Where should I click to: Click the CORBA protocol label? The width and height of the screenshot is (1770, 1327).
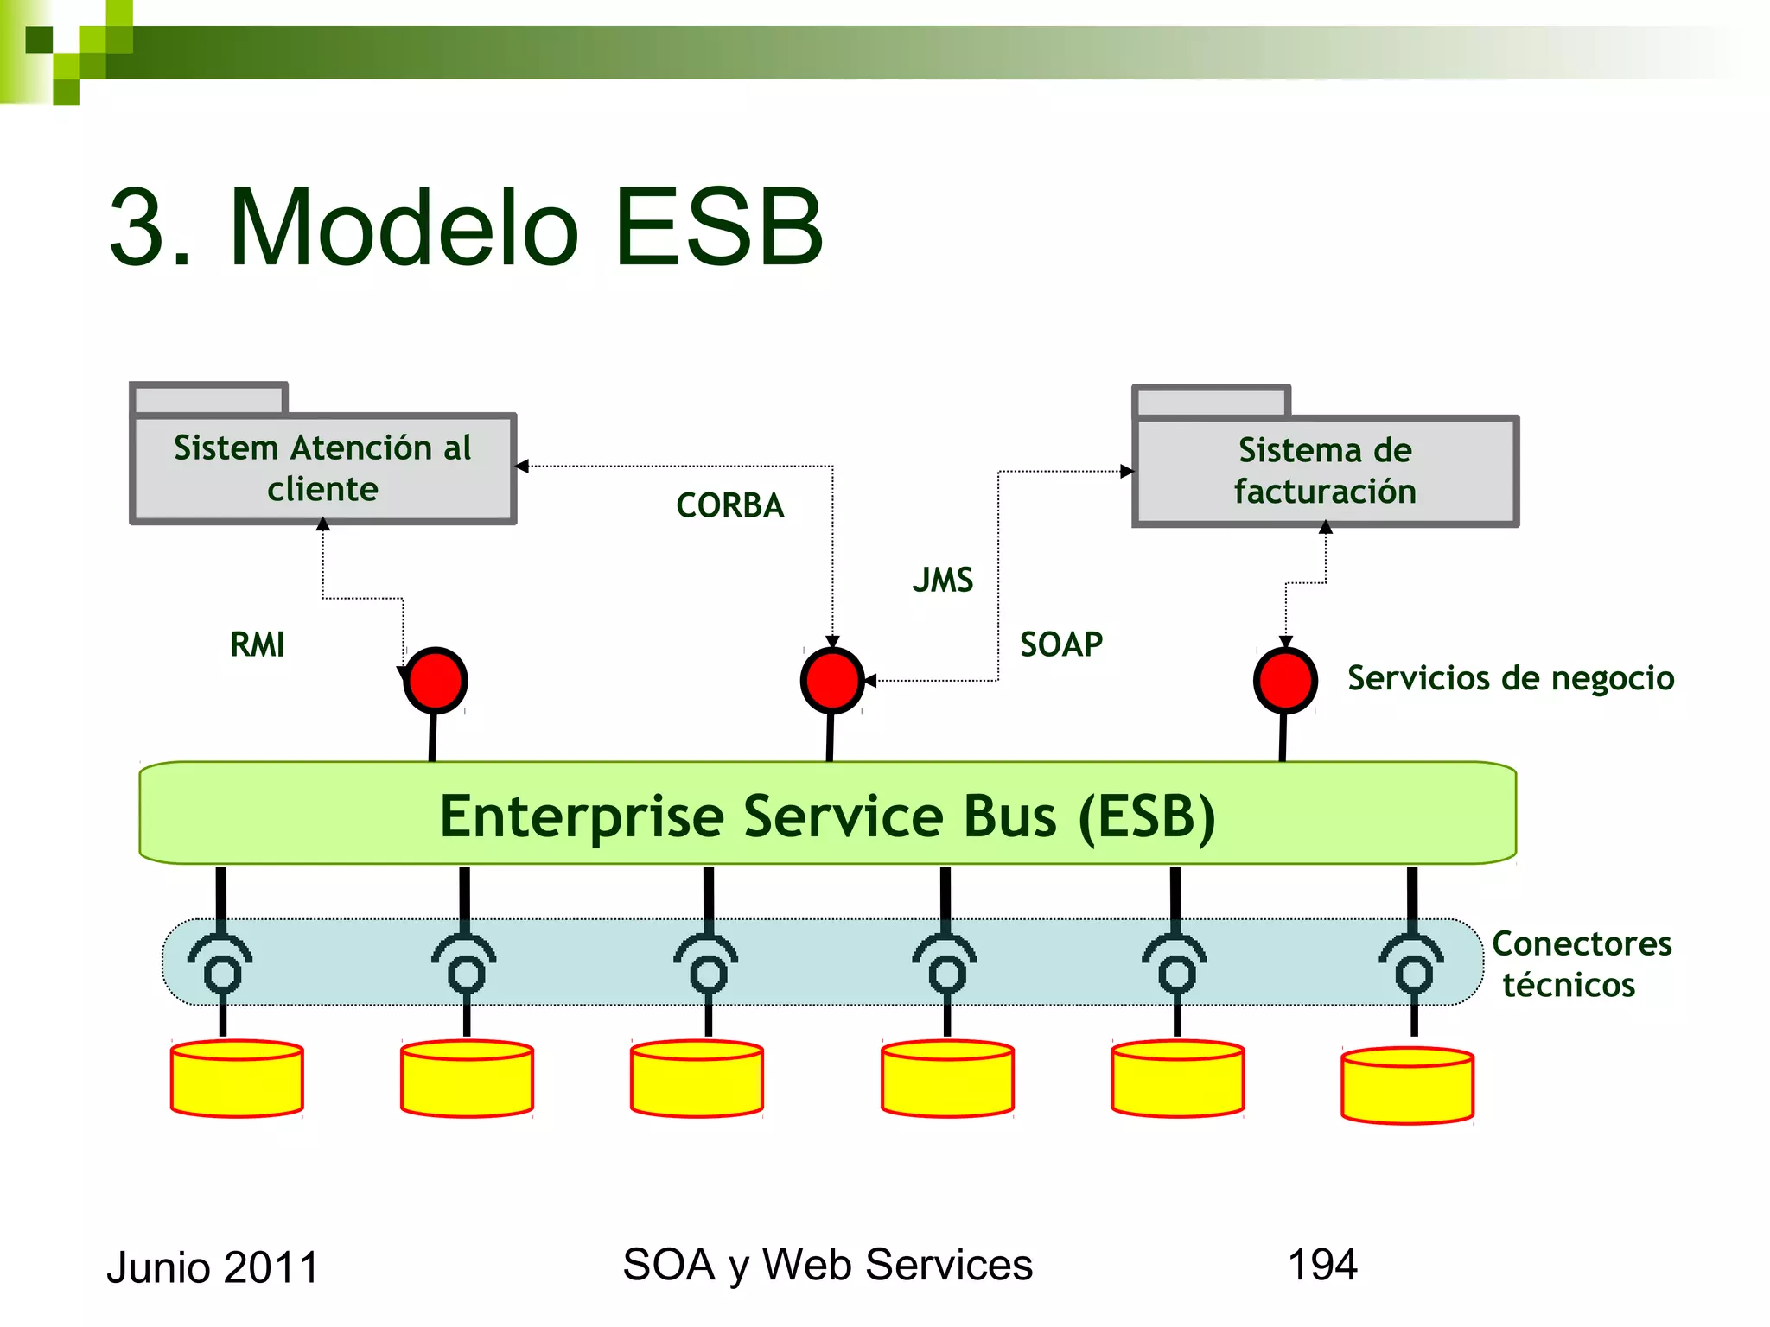[x=729, y=505]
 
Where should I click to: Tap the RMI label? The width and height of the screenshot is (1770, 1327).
[x=257, y=644]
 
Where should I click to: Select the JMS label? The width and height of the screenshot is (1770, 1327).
[x=943, y=580]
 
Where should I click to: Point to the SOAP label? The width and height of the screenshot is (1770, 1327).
[x=1061, y=644]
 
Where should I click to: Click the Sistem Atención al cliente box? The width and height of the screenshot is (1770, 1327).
[x=322, y=468]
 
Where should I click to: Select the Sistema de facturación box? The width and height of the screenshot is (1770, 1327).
[x=1325, y=471]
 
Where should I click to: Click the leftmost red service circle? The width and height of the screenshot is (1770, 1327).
[x=436, y=680]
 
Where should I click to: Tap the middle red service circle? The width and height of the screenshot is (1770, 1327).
[x=831, y=680]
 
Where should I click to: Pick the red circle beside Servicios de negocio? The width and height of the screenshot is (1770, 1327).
[x=1285, y=680]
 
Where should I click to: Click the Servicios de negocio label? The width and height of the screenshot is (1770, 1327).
[x=1511, y=678]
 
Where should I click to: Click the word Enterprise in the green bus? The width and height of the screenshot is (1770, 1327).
[x=581, y=816]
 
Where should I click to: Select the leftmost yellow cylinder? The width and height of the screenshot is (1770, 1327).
[x=237, y=1078]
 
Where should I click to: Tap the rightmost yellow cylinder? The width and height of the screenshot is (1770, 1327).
[x=1407, y=1085]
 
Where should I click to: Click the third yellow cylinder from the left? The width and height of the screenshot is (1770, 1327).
[x=697, y=1078]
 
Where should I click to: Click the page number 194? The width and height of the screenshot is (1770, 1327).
[x=1322, y=1265]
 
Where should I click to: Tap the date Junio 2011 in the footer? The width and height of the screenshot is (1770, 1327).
[x=213, y=1267]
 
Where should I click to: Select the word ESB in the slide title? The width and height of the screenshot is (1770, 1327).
[x=719, y=227]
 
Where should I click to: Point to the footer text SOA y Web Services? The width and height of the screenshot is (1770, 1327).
[x=827, y=1265]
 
